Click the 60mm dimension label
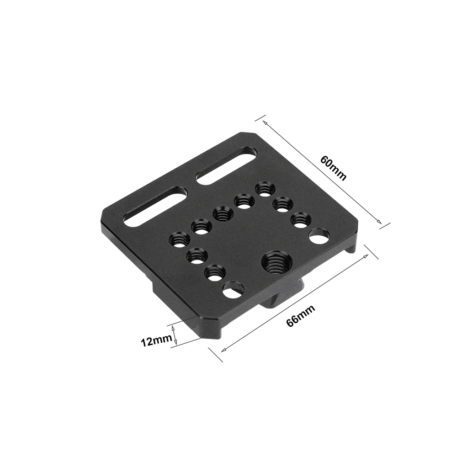334,168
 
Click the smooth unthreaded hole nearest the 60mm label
319,237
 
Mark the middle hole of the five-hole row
221,213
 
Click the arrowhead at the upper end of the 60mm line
262,122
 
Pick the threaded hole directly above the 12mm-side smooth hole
213,273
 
